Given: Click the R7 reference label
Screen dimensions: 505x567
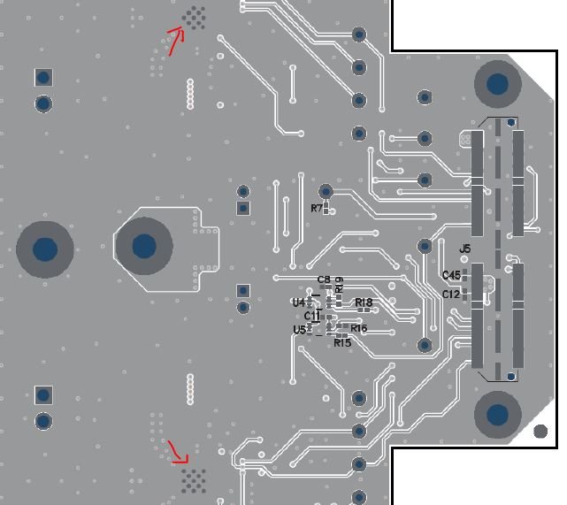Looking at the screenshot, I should (x=317, y=208).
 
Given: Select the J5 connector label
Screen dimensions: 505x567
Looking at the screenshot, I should (x=465, y=249).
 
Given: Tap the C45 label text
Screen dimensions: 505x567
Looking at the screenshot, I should (x=451, y=275).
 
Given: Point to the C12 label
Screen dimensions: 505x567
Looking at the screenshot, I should (x=451, y=294).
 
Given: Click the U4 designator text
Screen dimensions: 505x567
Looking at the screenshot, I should (x=298, y=302).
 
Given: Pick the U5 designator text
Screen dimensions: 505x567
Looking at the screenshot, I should (x=299, y=330).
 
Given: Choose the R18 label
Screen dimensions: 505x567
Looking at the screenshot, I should (x=364, y=302).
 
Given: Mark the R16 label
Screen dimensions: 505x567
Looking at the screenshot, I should (x=358, y=328).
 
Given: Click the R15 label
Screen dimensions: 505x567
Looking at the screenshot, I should (x=342, y=343).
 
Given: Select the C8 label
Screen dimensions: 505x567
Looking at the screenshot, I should (x=324, y=279).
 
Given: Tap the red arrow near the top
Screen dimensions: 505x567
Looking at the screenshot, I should (x=174, y=39).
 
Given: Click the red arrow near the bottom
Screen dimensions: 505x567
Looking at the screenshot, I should (x=180, y=453).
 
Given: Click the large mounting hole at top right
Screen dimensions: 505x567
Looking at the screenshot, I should (x=497, y=84).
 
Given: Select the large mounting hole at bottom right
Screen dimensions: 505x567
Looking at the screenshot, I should (x=498, y=414).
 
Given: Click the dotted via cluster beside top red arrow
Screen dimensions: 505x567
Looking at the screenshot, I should (x=195, y=17).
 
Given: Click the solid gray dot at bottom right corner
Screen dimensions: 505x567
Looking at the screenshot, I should (x=540, y=432).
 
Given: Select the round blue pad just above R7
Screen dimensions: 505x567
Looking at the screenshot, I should (x=326, y=191).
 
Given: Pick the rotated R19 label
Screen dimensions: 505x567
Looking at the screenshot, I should (x=339, y=285).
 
